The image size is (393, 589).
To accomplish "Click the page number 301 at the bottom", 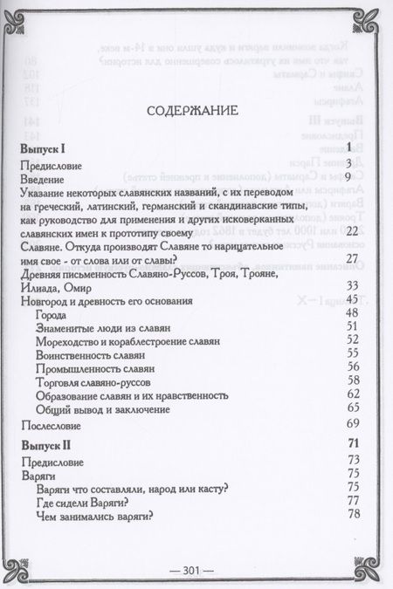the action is click(x=194, y=570).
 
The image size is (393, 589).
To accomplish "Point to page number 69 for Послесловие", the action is click(x=354, y=423).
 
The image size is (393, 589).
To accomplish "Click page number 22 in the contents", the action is click(x=354, y=230).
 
